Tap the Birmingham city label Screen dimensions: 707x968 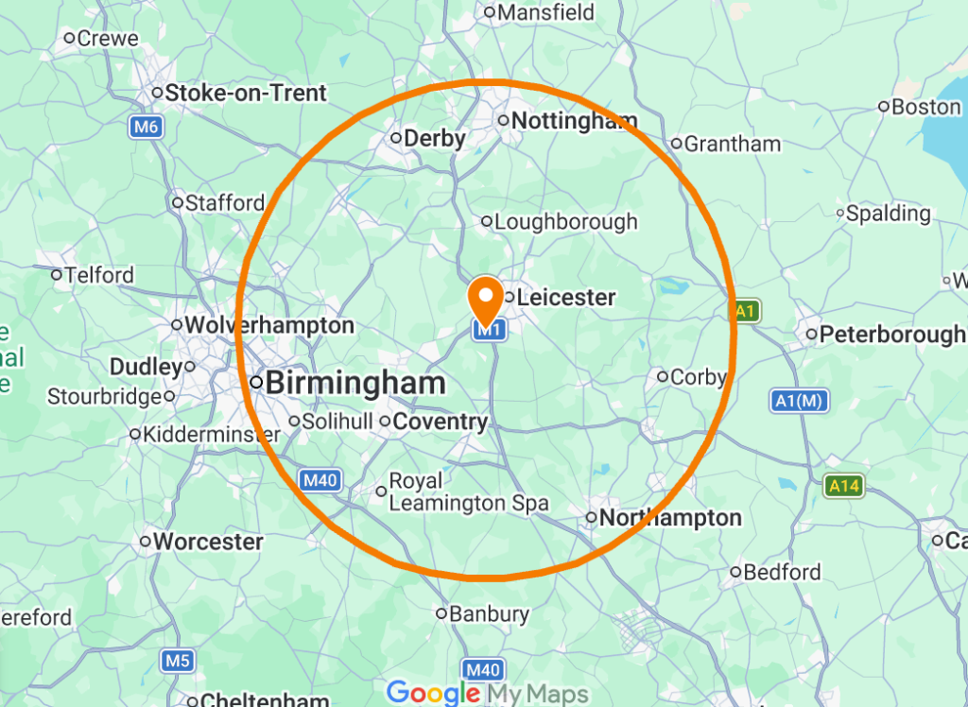tap(354, 383)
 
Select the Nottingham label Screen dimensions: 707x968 tap(574, 121)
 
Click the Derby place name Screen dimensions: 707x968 tap(434, 139)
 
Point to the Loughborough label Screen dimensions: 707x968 tap(565, 222)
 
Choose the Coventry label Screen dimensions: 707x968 tap(440, 422)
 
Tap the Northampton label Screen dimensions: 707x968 tap(670, 518)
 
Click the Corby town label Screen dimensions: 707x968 tap(698, 377)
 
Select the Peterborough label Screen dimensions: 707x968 tap(891, 335)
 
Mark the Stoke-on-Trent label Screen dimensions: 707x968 tap(245, 94)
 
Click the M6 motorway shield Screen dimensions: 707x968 tap(146, 127)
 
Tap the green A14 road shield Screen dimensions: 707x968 tap(843, 487)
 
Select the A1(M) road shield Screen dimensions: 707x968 tap(800, 401)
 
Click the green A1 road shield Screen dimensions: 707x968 tap(747, 311)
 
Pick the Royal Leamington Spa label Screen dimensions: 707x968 tap(468, 492)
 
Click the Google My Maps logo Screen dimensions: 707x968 tap(487, 693)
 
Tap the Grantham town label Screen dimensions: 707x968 tap(732, 145)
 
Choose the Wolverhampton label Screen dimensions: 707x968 tap(268, 326)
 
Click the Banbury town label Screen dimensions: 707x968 tap(489, 614)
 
